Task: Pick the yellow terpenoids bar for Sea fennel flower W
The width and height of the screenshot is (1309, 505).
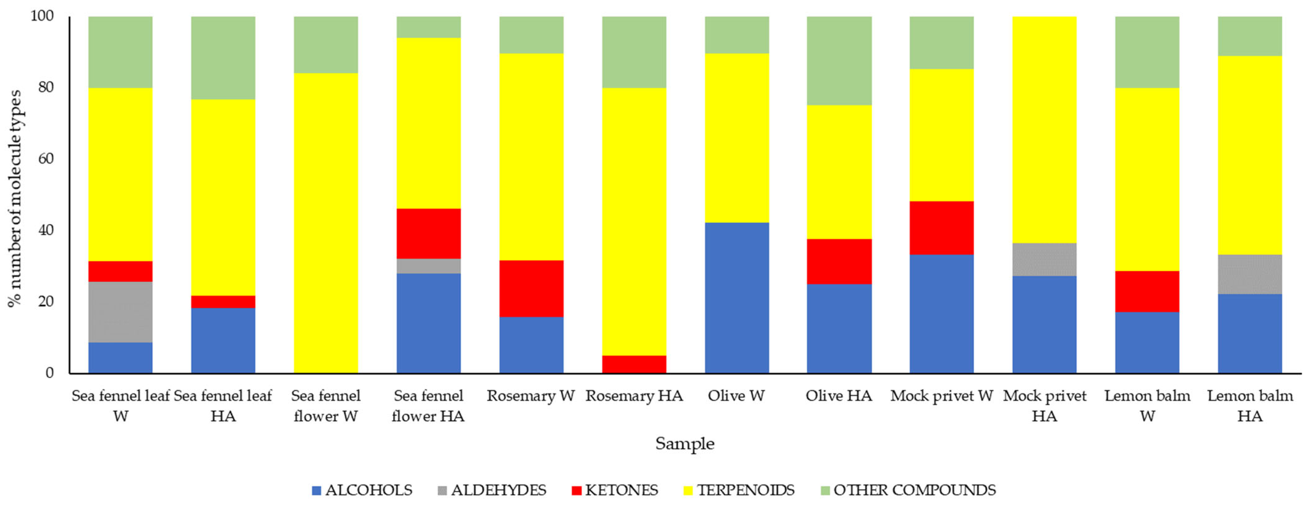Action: tap(326, 223)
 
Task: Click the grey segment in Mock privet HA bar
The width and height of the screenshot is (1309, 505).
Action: tap(1044, 259)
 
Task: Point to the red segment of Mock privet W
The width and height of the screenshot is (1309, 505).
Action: tap(941, 227)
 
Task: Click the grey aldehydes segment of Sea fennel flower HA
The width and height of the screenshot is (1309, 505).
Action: tap(429, 266)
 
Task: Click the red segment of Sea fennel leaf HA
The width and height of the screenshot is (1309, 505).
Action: tap(223, 302)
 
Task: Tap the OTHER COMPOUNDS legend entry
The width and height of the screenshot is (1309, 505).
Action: tap(908, 490)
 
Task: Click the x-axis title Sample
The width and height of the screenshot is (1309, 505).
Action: tap(684, 444)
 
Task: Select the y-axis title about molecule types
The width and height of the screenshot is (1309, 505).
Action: tap(15, 198)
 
